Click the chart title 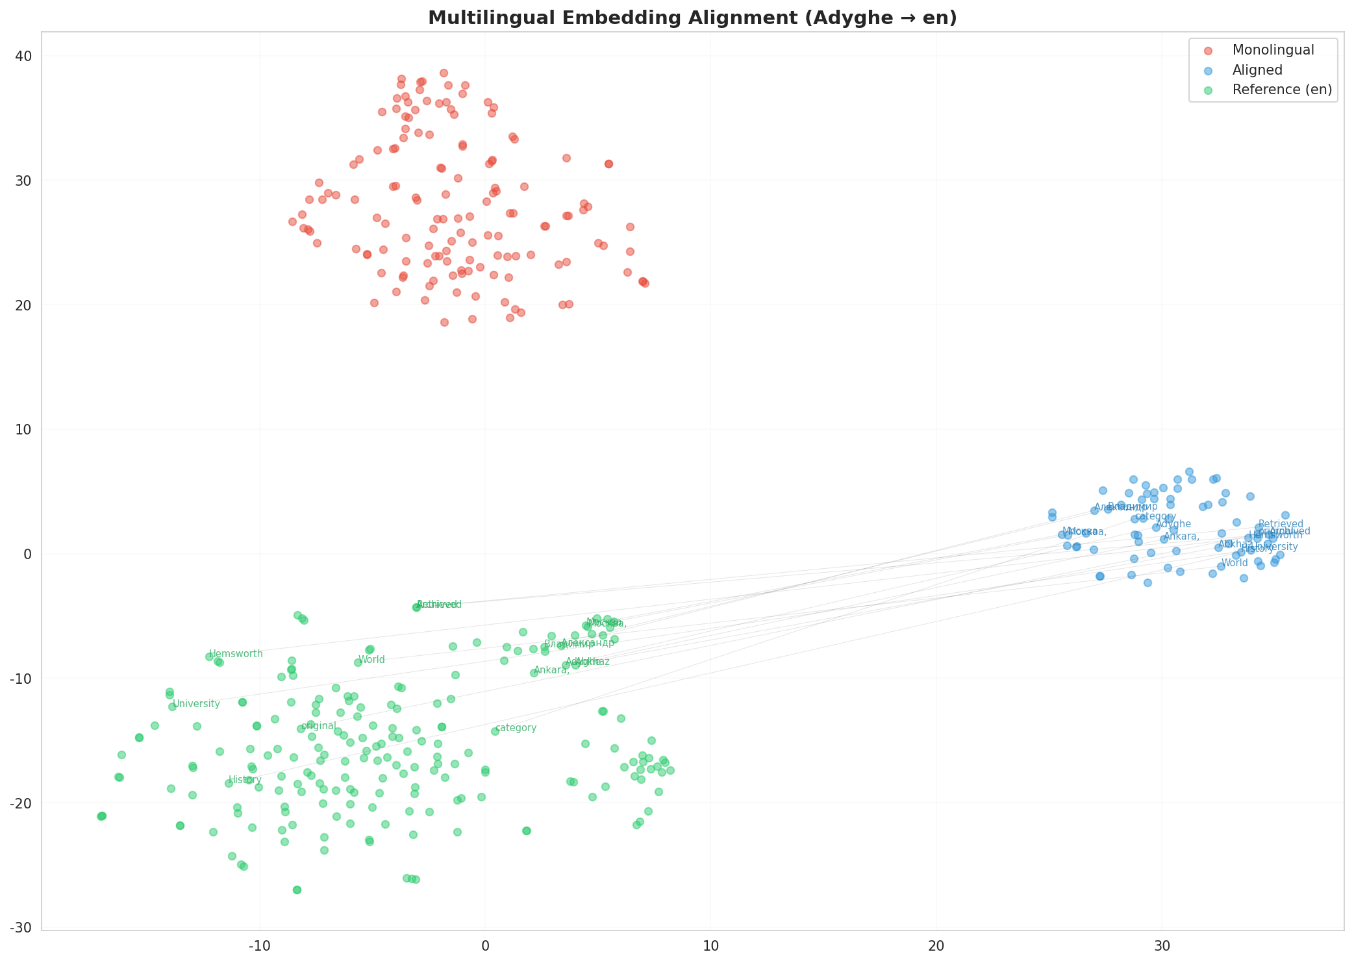[x=692, y=18]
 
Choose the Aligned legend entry [x=1257, y=70]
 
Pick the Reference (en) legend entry [x=1282, y=90]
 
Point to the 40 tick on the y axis [x=25, y=56]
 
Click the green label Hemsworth [x=236, y=654]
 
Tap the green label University [x=197, y=704]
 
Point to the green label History [x=245, y=780]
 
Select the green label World [x=371, y=660]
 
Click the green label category [x=516, y=728]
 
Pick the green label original [x=318, y=726]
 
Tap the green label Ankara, [x=551, y=670]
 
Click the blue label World [x=1235, y=563]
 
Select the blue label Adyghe [x=1173, y=524]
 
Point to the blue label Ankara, [x=1181, y=536]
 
